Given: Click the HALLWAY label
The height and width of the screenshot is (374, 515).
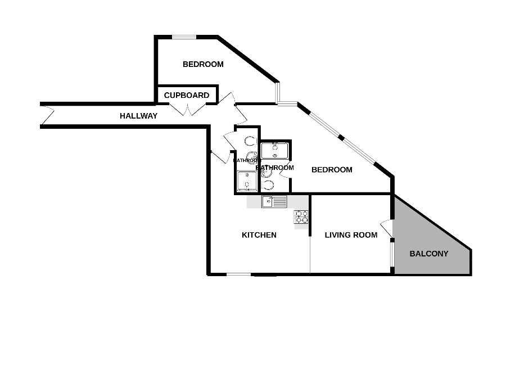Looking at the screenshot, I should (x=138, y=116).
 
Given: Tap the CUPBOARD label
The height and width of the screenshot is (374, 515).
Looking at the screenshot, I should (x=187, y=96).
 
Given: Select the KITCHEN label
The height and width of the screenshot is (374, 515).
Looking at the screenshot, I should (x=259, y=235).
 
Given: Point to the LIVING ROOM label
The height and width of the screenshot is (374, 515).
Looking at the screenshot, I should (x=351, y=235).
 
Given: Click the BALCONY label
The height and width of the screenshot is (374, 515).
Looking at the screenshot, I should (x=429, y=254).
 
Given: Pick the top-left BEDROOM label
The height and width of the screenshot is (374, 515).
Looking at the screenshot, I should (x=203, y=64).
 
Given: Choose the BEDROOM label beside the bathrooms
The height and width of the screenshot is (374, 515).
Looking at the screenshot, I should (x=332, y=170).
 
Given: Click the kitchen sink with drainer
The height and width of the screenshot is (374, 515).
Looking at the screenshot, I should (x=274, y=201).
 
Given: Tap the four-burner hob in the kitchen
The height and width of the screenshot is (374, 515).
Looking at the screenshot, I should (x=301, y=217).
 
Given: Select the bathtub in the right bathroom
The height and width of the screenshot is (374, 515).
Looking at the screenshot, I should (x=275, y=151).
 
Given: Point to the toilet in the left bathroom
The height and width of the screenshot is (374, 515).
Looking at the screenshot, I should (x=250, y=142).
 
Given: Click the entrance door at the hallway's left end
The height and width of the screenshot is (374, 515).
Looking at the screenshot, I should (x=47, y=116).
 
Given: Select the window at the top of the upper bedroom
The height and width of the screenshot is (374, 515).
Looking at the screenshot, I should (x=184, y=38).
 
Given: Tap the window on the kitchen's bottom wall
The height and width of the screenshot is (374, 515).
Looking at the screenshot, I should (x=239, y=274).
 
